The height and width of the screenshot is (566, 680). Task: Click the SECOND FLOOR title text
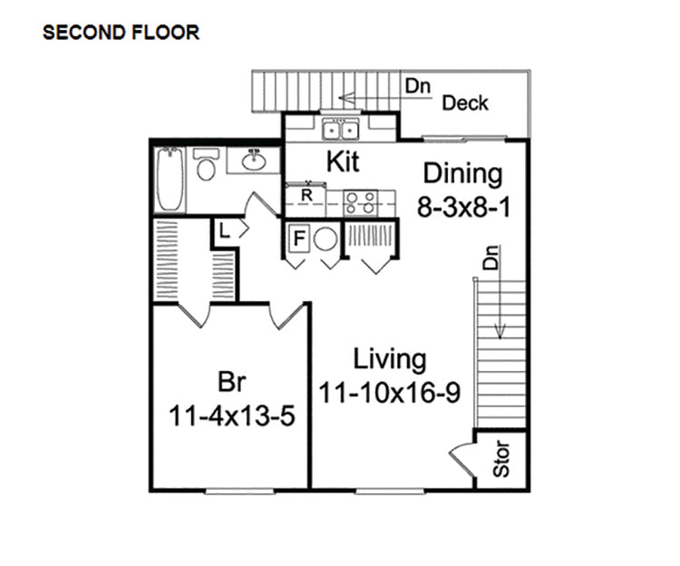(x=121, y=34)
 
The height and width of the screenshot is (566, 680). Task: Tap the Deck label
(x=465, y=102)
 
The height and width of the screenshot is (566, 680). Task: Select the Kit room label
(x=342, y=162)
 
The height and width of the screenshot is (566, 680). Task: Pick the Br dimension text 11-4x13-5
(x=233, y=415)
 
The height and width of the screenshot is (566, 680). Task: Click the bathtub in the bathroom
(x=170, y=179)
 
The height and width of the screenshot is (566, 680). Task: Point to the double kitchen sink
(x=342, y=131)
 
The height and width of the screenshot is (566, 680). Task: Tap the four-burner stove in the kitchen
(x=360, y=202)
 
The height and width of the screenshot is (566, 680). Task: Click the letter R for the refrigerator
(x=306, y=194)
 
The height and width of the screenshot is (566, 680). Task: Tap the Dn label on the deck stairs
(x=416, y=87)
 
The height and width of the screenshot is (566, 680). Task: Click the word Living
(x=390, y=359)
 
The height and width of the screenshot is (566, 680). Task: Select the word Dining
(x=462, y=173)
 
